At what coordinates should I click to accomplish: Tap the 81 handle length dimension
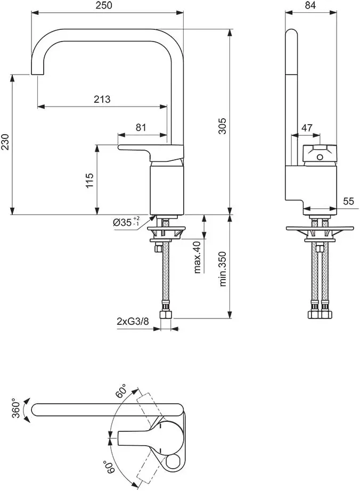tap(141, 127)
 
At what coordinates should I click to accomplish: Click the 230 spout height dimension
tap(5, 143)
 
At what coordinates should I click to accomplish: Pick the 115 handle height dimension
tap(89, 180)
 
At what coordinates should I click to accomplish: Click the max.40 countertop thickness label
tap(197, 257)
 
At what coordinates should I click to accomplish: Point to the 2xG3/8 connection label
tap(133, 321)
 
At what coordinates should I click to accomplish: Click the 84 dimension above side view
tap(311, 5)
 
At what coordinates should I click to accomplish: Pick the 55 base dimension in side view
tap(349, 201)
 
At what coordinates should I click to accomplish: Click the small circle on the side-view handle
tap(320, 157)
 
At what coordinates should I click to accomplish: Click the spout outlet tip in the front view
tap(37, 74)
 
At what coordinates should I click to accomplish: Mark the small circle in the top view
tap(173, 461)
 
